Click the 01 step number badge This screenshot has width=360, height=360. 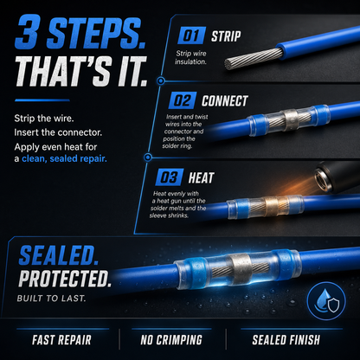pyautogui.click(x=191, y=35)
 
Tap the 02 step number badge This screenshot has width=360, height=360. pyautogui.click(x=183, y=100)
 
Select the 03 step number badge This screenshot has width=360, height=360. pyautogui.click(x=170, y=177)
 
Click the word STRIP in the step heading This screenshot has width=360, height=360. pyautogui.click(x=226, y=36)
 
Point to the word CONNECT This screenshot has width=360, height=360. pyautogui.click(x=225, y=101)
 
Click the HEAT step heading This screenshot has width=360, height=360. pyautogui.click(x=201, y=177)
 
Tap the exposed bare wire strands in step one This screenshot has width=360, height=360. pyautogui.click(x=254, y=59)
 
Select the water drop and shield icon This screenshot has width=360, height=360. pyautogui.click(x=326, y=301)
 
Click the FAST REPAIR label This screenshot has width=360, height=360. pyautogui.click(x=61, y=340)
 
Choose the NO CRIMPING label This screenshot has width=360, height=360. pyautogui.click(x=171, y=340)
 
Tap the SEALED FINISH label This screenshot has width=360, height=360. pyautogui.click(x=286, y=340)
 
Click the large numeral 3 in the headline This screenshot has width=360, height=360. pyautogui.click(x=27, y=31)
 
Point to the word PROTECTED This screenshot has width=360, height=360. pyautogui.click(x=65, y=279)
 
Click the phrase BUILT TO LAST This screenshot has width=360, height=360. pyautogui.click(x=51, y=299)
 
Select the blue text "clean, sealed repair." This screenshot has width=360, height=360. pyautogui.click(x=64, y=158)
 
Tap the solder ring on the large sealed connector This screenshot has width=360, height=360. pyautogui.click(x=241, y=269)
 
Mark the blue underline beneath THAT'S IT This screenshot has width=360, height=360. pyautogui.click(x=42, y=100)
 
